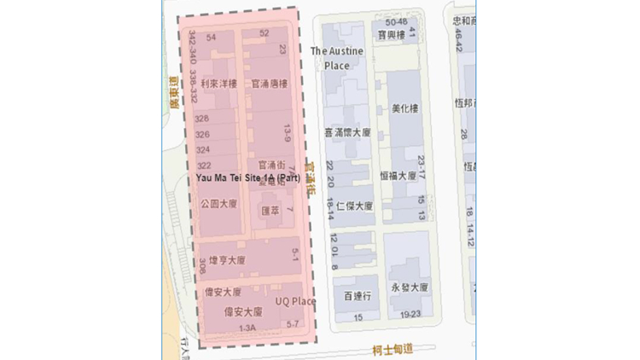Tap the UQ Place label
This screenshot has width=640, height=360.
pos(295,301)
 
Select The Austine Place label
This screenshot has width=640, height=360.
pos(336,58)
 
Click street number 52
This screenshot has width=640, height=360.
pos(264,33)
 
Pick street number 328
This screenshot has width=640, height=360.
pos(202,119)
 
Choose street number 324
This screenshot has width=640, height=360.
pos(202,149)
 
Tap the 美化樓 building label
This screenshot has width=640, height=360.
pos(404,108)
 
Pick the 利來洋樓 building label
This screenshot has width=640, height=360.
pos(219,84)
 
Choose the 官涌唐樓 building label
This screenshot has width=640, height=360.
pos(269,84)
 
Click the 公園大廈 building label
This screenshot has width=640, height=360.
pos(218,205)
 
